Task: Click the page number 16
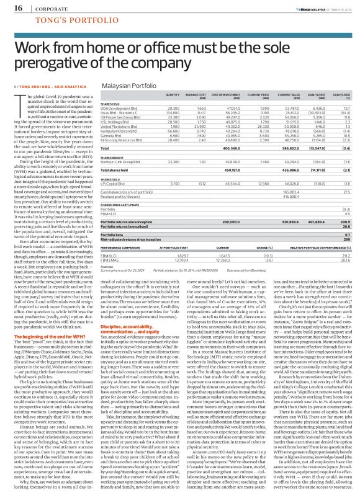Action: (10, 7)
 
